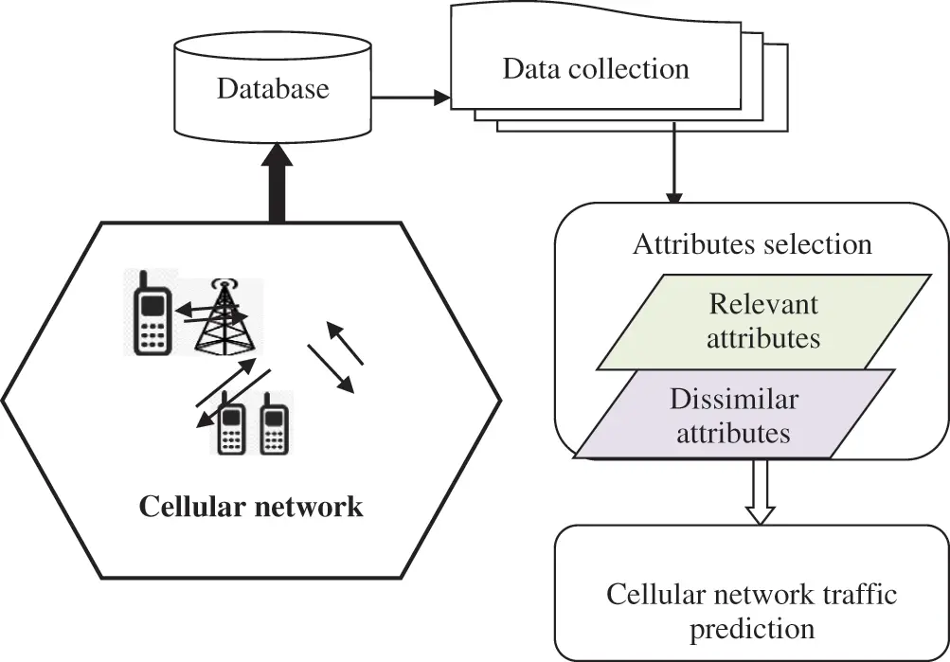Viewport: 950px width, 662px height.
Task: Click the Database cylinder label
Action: coord(273,89)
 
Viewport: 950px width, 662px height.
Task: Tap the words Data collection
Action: coord(595,68)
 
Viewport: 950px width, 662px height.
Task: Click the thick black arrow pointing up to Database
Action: coord(277,179)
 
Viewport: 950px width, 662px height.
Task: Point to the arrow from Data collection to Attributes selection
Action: coord(673,167)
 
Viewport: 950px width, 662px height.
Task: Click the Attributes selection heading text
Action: coord(752,244)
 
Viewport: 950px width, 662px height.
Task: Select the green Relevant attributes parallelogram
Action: coord(763,322)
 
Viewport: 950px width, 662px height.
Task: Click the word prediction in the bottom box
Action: coord(751,628)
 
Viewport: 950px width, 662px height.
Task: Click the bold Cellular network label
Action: coord(251,507)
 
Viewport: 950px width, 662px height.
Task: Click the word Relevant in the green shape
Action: coord(763,305)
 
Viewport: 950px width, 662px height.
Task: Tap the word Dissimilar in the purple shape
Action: coord(733,400)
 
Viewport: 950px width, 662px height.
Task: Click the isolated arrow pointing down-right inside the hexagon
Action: coord(331,370)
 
